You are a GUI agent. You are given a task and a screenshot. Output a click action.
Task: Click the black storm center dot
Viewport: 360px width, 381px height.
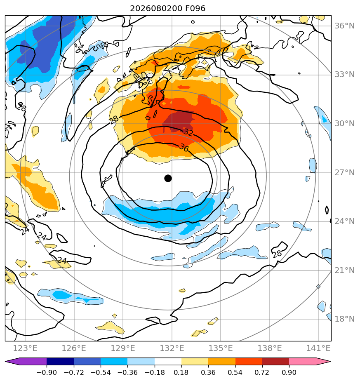pyautogui.click(x=168, y=179)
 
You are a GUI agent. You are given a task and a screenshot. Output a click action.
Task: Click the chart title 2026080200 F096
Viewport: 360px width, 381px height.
pyautogui.click(x=168, y=9)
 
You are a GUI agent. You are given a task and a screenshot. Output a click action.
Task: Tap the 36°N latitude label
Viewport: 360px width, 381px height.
pyautogui.click(x=344, y=26)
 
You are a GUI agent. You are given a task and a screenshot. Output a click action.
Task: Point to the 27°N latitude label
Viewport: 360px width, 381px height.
pyautogui.click(x=344, y=172)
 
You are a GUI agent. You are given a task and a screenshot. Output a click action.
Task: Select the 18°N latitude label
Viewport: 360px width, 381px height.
pyautogui.click(x=344, y=319)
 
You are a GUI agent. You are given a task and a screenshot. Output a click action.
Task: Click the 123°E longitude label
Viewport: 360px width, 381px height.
pyautogui.click(x=25, y=348)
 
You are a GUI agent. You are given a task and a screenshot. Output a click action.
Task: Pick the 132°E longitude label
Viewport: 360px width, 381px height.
pyautogui.click(x=172, y=348)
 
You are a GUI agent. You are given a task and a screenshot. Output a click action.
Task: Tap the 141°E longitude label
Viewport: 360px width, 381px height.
pyautogui.click(x=318, y=348)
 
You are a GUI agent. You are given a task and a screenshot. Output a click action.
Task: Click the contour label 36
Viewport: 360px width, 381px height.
pyautogui.click(x=184, y=148)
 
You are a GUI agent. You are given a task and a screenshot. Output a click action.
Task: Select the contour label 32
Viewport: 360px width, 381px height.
pyautogui.click(x=188, y=132)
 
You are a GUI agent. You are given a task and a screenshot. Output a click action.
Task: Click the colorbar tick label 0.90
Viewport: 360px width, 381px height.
pyautogui.click(x=289, y=372)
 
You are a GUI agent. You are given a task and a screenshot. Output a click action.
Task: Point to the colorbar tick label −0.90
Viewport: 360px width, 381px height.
pyautogui.click(x=47, y=372)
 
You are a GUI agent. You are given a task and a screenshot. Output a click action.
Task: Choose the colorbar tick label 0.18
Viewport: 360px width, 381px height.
pyautogui.click(x=181, y=372)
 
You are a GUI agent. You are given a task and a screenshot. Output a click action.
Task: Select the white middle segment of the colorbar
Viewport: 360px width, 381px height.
pyautogui.click(x=168, y=361)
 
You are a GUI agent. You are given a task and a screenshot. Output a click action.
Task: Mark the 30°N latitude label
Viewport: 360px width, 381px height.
pyautogui.click(x=344, y=123)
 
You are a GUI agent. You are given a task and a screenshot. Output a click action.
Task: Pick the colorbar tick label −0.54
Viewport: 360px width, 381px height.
pyautogui.click(x=101, y=372)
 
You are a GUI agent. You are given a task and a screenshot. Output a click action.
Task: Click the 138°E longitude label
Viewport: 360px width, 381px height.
pyautogui.click(x=270, y=348)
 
